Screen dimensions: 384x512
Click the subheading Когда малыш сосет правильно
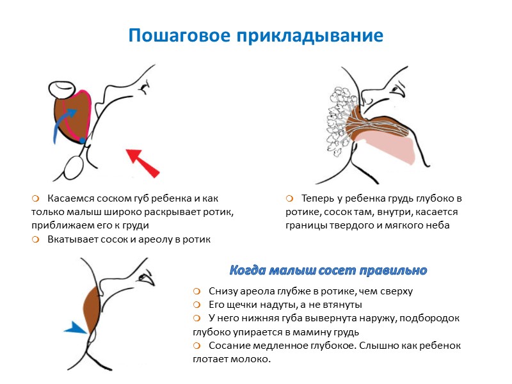pyautogui.click(x=328, y=270)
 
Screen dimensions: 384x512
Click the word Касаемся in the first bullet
pyautogui.click(x=68, y=198)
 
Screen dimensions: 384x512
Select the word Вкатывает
pyautogui.click(x=70, y=239)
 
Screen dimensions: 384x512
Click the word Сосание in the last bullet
pyautogui.click(x=228, y=346)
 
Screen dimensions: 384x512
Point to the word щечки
pyautogui.click(x=247, y=305)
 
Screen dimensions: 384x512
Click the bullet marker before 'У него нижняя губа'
pyautogui.click(x=197, y=319)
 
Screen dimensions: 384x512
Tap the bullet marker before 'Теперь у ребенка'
pyautogui.click(x=290, y=198)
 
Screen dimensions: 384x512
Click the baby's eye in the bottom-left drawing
pyautogui.click(x=149, y=280)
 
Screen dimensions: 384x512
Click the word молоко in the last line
pyautogui.click(x=252, y=359)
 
